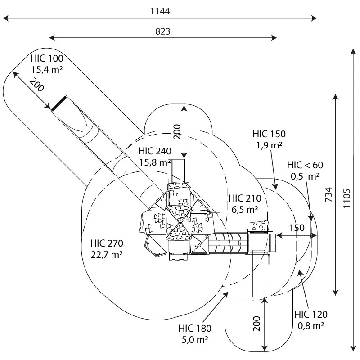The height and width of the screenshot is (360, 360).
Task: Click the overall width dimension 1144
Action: point(160,11)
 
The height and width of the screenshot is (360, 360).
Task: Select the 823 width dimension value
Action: point(163,31)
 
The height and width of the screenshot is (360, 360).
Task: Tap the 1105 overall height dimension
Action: point(346,198)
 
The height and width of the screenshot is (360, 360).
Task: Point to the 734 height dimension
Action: point(329,195)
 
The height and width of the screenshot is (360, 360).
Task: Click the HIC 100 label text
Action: point(47,58)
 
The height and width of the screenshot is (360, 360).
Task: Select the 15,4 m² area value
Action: point(47,69)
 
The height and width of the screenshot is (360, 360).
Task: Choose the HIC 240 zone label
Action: point(155,151)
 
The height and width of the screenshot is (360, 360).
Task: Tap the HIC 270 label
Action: point(107,243)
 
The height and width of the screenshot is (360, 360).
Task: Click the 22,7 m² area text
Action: point(107,254)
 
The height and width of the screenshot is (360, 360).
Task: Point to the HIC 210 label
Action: point(245,198)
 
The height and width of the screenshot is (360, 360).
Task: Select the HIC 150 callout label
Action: point(269,134)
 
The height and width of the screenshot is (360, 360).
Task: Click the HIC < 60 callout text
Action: point(305,165)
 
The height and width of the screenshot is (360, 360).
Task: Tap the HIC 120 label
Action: point(311,314)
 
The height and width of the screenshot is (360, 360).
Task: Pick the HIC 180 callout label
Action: point(195,328)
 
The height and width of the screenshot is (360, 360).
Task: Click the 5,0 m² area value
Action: point(195,340)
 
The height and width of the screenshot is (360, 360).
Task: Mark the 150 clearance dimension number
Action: point(297,228)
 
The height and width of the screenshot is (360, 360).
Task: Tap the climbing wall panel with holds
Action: point(260,226)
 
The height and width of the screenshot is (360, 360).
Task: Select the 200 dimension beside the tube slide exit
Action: point(36,85)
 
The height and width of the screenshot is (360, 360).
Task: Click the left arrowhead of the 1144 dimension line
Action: point(5,18)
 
